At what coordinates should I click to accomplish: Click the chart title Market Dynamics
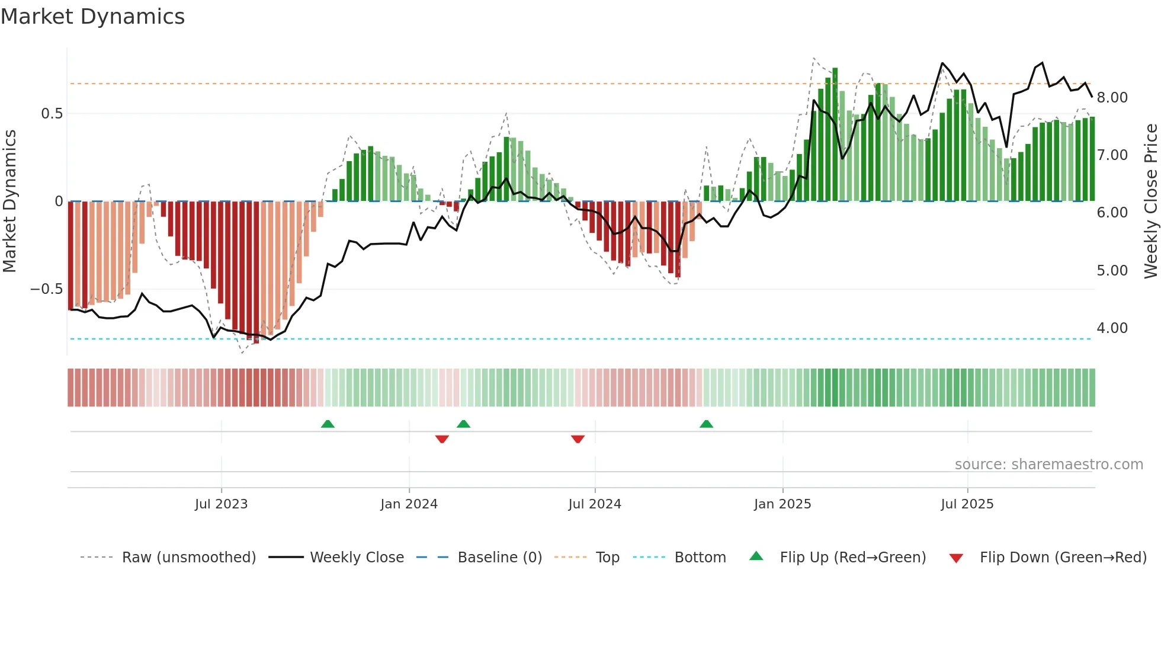(93, 17)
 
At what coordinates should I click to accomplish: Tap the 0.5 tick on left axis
(52, 113)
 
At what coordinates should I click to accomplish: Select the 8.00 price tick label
(1112, 98)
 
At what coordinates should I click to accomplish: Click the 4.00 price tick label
(1112, 328)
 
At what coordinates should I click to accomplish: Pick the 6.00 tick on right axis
(1112, 213)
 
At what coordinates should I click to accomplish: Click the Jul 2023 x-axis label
(221, 504)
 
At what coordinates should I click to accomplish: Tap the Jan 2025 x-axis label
(782, 504)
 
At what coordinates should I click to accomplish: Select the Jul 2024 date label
(594, 504)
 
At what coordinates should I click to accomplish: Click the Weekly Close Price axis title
(1150, 201)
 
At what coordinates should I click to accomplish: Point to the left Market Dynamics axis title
(9, 201)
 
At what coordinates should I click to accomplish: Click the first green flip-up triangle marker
(328, 424)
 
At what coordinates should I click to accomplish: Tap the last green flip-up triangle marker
(706, 424)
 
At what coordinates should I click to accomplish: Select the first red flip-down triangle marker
(442, 439)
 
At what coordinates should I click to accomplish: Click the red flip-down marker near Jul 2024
(578, 439)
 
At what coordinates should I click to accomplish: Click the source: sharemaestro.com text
(1048, 465)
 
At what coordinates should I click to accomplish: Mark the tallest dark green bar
(835, 135)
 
